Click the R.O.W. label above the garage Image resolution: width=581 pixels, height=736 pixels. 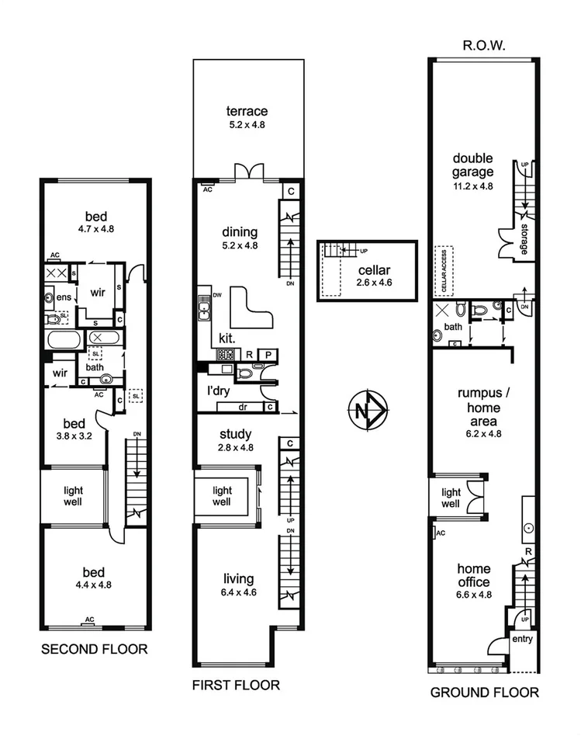coord(484,46)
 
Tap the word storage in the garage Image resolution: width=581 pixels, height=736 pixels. coord(524,240)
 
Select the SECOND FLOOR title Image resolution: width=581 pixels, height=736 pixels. coord(94,649)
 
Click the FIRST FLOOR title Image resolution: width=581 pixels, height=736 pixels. coord(236,685)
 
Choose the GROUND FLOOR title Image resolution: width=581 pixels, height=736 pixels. coord(484,693)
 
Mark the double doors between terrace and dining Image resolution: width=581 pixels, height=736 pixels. coord(249,172)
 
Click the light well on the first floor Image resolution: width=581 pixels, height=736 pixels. coord(223,497)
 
